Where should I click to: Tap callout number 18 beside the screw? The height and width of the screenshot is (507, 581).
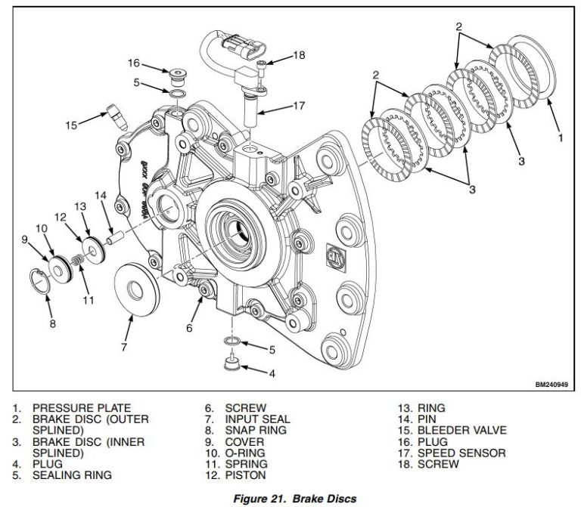point(298,55)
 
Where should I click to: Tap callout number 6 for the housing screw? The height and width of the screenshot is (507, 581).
point(189,328)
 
